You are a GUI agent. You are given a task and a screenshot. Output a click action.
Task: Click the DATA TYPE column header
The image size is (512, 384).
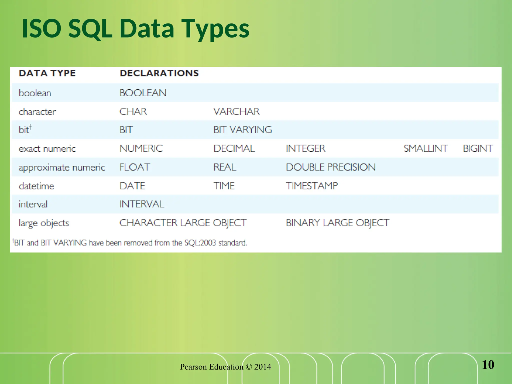tap(47, 73)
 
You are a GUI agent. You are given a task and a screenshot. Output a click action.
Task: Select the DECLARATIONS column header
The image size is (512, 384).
tap(159, 73)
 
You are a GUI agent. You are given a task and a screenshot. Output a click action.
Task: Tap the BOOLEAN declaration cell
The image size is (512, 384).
tap(143, 93)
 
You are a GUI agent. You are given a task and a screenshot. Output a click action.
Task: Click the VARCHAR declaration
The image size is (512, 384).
tap(236, 111)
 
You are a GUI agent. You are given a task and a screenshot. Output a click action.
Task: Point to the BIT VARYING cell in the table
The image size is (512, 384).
tap(242, 130)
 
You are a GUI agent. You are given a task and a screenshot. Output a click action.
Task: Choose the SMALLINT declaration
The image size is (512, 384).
tap(425, 148)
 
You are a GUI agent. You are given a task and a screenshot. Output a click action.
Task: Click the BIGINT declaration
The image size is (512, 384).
tap(478, 148)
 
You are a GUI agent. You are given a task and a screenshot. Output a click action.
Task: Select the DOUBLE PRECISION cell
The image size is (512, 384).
tap(330, 167)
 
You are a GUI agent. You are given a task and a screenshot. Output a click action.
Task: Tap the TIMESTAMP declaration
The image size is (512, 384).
tap(312, 186)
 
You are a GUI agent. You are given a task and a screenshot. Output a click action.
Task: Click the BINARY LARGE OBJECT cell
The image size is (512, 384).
tap(337, 223)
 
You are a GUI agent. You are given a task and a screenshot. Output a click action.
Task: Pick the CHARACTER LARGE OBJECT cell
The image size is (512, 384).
tap(183, 223)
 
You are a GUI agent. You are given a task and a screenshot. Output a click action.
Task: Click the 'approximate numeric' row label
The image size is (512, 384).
tap(62, 167)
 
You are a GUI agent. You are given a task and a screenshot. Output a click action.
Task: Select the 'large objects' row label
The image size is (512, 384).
tap(44, 223)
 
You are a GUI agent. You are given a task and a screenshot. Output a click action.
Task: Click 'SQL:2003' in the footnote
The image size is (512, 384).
tap(200, 243)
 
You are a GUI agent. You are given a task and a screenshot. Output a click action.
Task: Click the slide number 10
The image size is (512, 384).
tap(488, 365)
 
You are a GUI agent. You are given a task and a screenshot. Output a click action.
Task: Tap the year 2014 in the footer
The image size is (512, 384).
tap(262, 367)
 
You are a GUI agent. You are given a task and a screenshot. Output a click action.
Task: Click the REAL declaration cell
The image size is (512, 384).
tap(224, 167)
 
